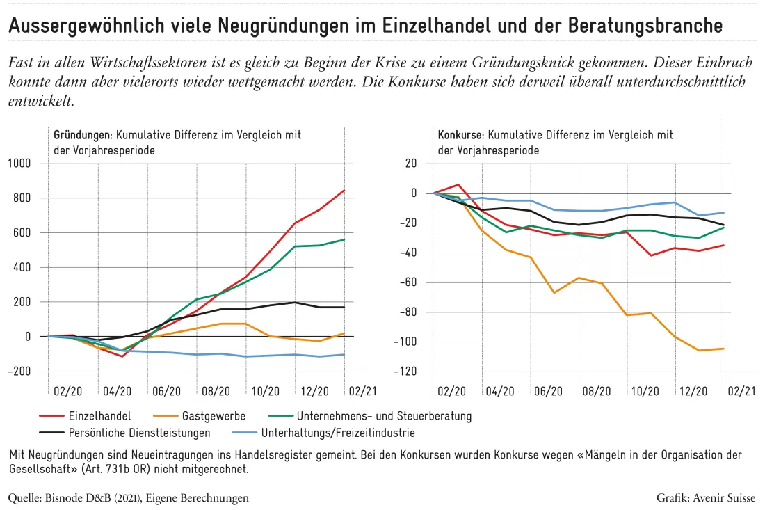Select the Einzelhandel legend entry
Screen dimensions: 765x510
click(x=86, y=416)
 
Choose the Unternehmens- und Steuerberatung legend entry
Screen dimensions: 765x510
click(x=370, y=416)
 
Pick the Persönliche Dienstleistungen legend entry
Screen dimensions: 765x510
click(x=125, y=433)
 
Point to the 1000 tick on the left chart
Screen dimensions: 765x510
click(x=19, y=164)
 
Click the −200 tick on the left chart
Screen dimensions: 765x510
click(x=19, y=372)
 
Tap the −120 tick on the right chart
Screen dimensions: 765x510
click(x=405, y=372)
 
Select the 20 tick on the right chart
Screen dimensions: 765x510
click(x=411, y=164)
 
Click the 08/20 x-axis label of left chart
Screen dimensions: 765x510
click(x=216, y=391)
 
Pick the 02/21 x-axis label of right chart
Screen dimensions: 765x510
click(x=741, y=391)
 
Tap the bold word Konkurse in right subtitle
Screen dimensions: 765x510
click(x=460, y=135)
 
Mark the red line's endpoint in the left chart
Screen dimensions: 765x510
click(x=344, y=191)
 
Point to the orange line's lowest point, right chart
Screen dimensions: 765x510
click(x=699, y=351)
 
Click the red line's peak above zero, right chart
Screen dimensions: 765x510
click(x=458, y=184)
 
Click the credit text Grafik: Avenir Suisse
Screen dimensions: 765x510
click(x=705, y=497)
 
